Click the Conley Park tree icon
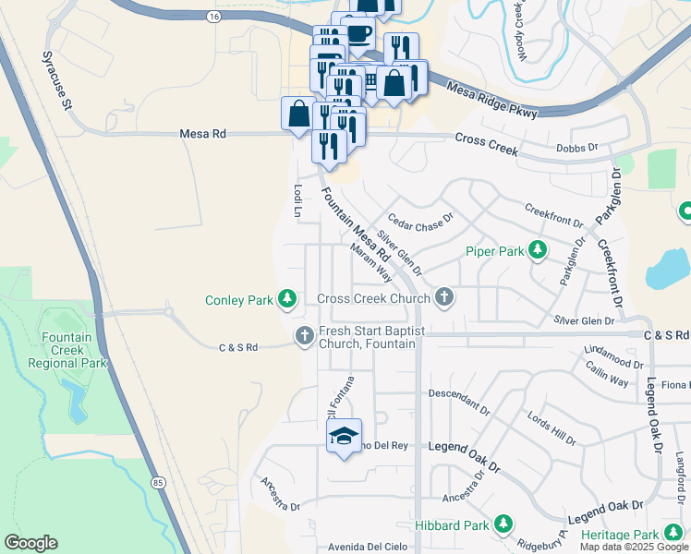(x=288, y=298)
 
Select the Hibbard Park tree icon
(x=503, y=524)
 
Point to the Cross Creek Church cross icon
(x=444, y=297)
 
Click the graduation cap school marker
(x=344, y=436)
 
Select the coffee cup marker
(x=358, y=34)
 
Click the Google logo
(x=30, y=543)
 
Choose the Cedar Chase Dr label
(x=420, y=220)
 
